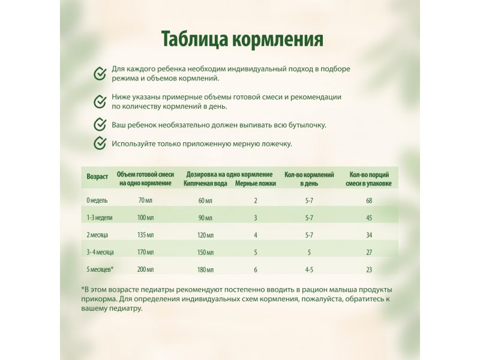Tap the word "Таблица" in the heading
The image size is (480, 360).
pyautogui.click(x=191, y=38)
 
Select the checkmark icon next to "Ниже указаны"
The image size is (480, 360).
pyautogui.click(x=100, y=101)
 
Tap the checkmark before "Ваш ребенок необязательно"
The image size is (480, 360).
pyautogui.click(x=100, y=125)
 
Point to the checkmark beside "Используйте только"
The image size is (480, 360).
pyautogui.click(x=100, y=144)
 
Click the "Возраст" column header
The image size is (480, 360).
pyautogui.click(x=97, y=177)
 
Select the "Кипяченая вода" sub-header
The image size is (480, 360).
pyautogui.click(x=205, y=183)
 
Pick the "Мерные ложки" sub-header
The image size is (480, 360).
pyautogui.click(x=256, y=183)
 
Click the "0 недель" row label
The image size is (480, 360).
pyautogui.click(x=98, y=200)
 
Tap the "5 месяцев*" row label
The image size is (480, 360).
pyautogui.click(x=100, y=269)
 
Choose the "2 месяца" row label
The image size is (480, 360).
pyautogui.click(x=98, y=235)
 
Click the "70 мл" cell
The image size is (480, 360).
pyautogui.click(x=145, y=200)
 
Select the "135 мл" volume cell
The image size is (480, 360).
pyautogui.click(x=145, y=235)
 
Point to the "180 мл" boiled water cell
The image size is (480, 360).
pyautogui.click(x=205, y=269)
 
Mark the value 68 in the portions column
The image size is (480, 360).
pyautogui.click(x=369, y=200)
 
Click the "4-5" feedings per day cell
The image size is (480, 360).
pyautogui.click(x=309, y=269)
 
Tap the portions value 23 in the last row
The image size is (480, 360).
pyautogui.click(x=369, y=269)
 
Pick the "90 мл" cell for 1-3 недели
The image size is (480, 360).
pyautogui.click(x=205, y=217)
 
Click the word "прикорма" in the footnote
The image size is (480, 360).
pyautogui.click(x=98, y=299)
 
